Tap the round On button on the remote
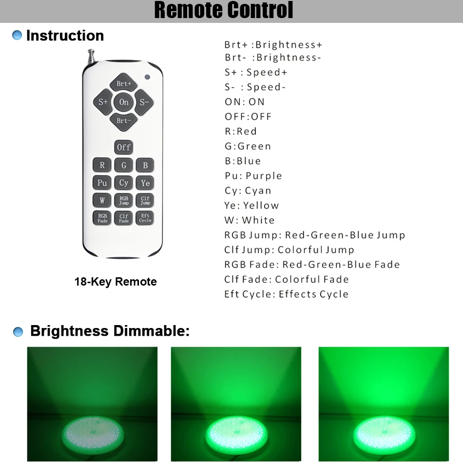point(124,102)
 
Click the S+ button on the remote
point(103,102)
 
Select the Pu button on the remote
point(102,183)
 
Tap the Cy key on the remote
point(124,183)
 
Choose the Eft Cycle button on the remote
point(145,218)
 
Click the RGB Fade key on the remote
point(102,218)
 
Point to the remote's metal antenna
point(91,57)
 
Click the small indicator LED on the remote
point(147,77)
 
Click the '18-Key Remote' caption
point(116,282)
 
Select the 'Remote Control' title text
point(224,11)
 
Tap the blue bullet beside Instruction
point(18,36)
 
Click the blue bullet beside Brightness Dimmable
point(18,332)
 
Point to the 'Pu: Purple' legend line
point(253,176)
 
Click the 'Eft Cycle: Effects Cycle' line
point(286,294)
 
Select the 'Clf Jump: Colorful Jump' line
point(289,250)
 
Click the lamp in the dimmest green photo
point(92,431)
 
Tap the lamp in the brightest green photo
point(383,431)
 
